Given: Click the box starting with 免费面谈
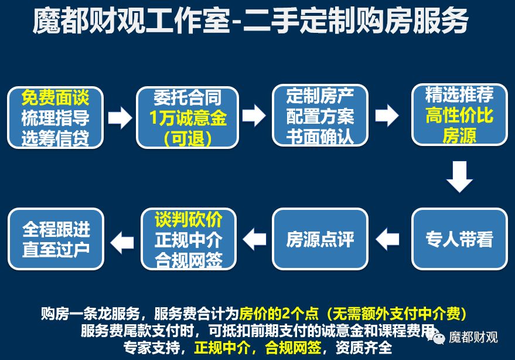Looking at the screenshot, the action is tap(55, 117).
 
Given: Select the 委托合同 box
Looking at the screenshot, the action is tap(187, 117).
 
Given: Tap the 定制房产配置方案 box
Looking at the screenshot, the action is tap(320, 115).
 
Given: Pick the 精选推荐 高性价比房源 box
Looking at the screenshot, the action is tap(459, 115).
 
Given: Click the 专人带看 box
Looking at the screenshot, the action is tap(459, 239).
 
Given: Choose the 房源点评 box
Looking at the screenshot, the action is tap(320, 239).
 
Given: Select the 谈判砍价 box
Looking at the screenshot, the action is tap(189, 239).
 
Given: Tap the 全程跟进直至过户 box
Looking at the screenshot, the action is tap(56, 239).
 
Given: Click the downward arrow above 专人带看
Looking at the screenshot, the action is tap(459, 176).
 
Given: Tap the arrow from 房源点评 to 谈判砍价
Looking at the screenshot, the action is tap(254, 239).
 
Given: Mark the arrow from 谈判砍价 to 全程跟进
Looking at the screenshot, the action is tap(122, 240).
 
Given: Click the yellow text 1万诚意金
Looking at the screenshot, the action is tap(187, 118).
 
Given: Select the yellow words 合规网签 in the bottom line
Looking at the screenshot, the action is tap(293, 347).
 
